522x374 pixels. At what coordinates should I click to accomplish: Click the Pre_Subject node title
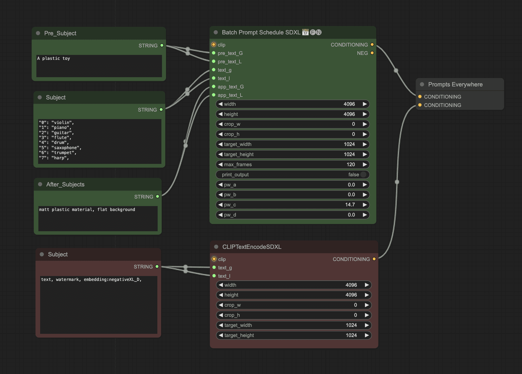point(60,33)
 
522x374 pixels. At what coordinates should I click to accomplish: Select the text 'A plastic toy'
point(53,58)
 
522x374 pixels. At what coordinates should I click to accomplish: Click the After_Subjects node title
point(65,184)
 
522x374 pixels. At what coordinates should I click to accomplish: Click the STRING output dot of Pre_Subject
point(162,45)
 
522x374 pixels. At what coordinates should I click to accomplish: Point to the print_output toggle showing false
point(363,175)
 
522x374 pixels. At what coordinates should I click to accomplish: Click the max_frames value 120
point(351,164)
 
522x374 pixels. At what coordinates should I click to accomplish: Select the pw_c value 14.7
point(350,205)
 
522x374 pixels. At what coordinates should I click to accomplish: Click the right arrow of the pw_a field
point(365,185)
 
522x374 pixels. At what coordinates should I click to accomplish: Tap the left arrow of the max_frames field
point(221,164)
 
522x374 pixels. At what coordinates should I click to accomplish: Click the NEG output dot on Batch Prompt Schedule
point(372,53)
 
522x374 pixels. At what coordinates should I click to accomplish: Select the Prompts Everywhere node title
point(455,84)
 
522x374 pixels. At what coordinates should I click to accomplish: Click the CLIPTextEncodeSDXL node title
point(251,247)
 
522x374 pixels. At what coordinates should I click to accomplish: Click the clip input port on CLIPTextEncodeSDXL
point(214,259)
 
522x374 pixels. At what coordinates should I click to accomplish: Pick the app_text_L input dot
point(214,95)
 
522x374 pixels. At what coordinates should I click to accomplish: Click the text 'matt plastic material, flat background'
point(87,210)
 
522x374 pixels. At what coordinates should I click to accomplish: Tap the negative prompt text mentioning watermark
point(91,279)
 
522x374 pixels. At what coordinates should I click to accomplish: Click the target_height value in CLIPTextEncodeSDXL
point(351,335)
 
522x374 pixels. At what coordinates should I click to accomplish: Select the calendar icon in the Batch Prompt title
point(305,32)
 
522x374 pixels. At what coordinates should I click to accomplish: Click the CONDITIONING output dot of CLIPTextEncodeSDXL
point(374,259)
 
